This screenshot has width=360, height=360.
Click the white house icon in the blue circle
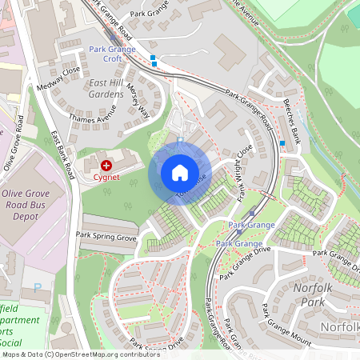click(x=180, y=172)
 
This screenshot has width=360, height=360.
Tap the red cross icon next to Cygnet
click(x=106, y=164)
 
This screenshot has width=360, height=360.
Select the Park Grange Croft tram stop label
click(x=117, y=54)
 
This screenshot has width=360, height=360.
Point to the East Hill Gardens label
click(x=110, y=88)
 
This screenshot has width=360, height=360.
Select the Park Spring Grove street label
click(x=106, y=236)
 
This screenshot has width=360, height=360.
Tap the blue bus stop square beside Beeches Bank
click(x=282, y=143)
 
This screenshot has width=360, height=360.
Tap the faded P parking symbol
click(x=38, y=287)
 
